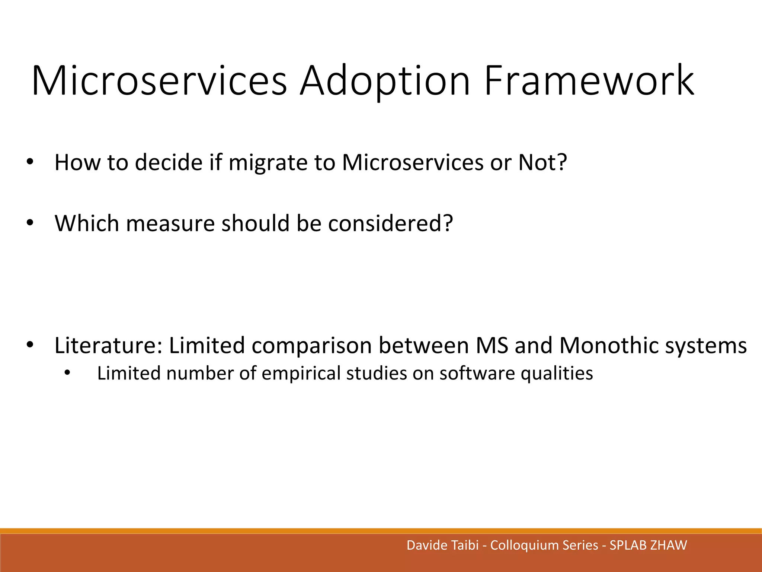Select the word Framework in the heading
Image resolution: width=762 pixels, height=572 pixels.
tap(589, 81)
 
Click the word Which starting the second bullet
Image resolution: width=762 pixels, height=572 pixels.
tap(87, 223)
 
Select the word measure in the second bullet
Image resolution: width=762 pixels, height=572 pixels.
tap(170, 223)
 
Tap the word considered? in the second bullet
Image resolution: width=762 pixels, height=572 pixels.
tap(390, 223)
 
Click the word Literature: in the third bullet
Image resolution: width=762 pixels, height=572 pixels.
tap(108, 346)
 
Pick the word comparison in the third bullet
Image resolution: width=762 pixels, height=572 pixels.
tap(311, 346)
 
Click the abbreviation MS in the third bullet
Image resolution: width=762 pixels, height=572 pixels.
tap(492, 346)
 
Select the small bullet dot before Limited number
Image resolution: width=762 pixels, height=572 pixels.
tap(67, 373)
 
